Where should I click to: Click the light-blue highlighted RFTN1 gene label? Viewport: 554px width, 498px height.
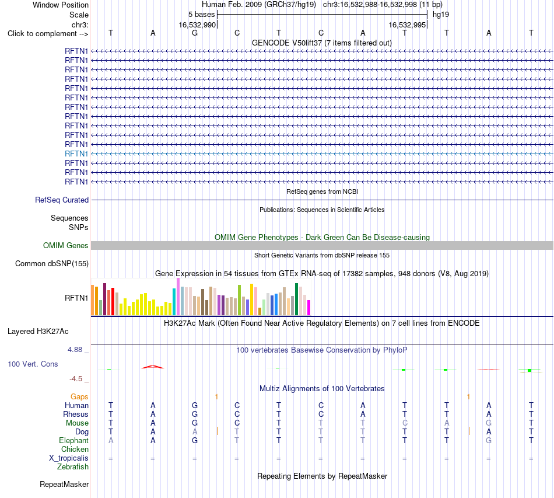click(76, 154)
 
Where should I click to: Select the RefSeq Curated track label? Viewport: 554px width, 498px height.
click(62, 200)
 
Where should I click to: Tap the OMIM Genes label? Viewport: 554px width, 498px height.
click(66, 245)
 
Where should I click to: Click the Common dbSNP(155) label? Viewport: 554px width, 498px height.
click(52, 263)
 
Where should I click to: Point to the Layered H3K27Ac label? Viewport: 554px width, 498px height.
click(38, 332)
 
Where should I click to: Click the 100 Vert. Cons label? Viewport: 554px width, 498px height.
click(33, 364)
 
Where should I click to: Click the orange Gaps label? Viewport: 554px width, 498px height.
click(79, 397)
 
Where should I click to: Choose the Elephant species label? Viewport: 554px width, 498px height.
click(73, 440)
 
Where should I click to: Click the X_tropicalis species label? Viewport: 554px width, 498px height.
click(69, 458)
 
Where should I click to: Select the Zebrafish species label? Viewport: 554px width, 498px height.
click(73, 467)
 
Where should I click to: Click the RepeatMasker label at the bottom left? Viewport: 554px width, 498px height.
click(64, 484)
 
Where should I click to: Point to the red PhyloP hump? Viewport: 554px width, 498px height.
click(153, 367)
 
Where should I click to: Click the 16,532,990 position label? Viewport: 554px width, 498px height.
click(197, 25)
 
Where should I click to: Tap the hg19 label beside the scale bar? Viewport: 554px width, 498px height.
click(441, 15)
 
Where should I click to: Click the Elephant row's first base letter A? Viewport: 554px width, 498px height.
click(111, 440)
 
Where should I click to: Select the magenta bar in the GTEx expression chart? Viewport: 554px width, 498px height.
click(309, 307)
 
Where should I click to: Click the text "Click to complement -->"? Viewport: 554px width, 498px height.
click(48, 34)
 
